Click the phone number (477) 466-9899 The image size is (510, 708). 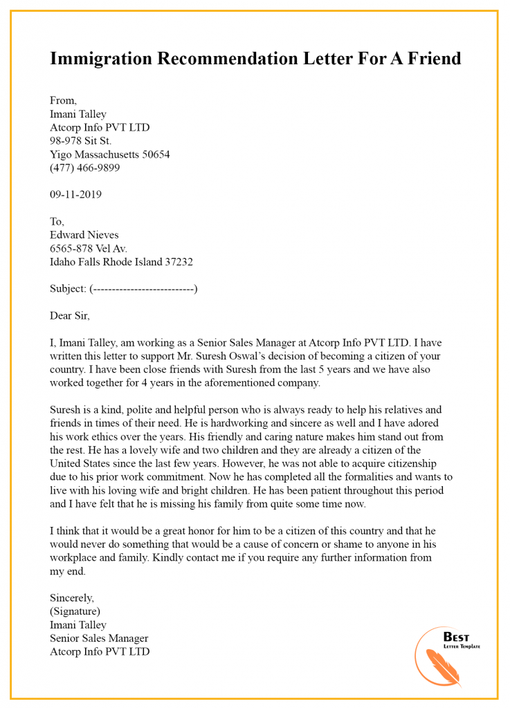click(x=84, y=167)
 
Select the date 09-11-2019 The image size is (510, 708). click(x=75, y=194)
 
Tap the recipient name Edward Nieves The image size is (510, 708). click(x=84, y=235)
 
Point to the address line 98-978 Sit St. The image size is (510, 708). click(x=80, y=141)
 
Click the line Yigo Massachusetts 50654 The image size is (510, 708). click(x=109, y=154)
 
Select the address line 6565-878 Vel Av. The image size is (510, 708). click(x=89, y=248)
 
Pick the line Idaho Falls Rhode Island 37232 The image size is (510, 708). click(x=121, y=262)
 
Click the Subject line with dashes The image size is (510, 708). click(x=124, y=289)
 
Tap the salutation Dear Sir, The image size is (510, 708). click(x=70, y=316)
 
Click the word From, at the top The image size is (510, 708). click(x=63, y=101)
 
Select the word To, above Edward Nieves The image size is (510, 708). click(x=57, y=222)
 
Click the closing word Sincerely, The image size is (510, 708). click(x=72, y=597)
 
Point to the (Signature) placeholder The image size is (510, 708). click(x=75, y=611)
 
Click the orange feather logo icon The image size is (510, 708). click(x=435, y=662)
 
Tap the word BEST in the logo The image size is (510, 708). click(x=456, y=637)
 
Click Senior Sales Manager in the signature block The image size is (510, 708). click(x=99, y=638)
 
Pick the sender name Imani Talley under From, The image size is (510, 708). click(x=78, y=114)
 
